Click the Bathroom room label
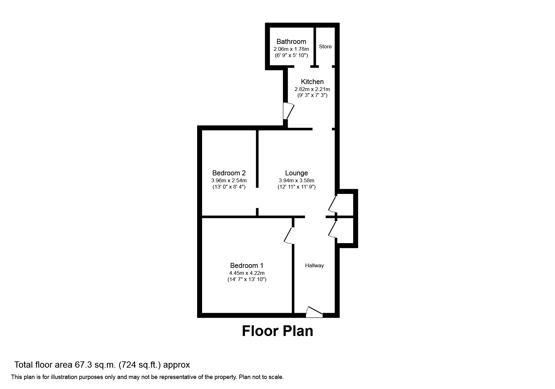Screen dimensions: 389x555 [x=291, y=42]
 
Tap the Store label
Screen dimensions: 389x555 [x=325, y=47]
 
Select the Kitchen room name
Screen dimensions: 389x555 [x=312, y=82]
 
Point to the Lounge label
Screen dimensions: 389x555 [x=296, y=173]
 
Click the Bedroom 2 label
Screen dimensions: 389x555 [x=229, y=173]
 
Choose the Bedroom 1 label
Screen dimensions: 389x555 [x=247, y=266]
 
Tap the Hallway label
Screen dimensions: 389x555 [x=314, y=266]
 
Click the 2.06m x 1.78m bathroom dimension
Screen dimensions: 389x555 [x=291, y=49]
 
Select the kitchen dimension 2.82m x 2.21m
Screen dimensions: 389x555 [x=312, y=89]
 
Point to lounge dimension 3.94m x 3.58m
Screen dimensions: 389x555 [x=296, y=181]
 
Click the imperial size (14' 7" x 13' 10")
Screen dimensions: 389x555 [x=247, y=280]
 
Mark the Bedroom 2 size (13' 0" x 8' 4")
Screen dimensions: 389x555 [x=229, y=187]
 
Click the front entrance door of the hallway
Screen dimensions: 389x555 [x=314, y=312]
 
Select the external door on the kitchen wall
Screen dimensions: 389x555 [x=288, y=111]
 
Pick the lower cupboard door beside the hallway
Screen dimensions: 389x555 [x=332, y=229]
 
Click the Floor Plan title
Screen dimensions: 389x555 [x=277, y=331]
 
